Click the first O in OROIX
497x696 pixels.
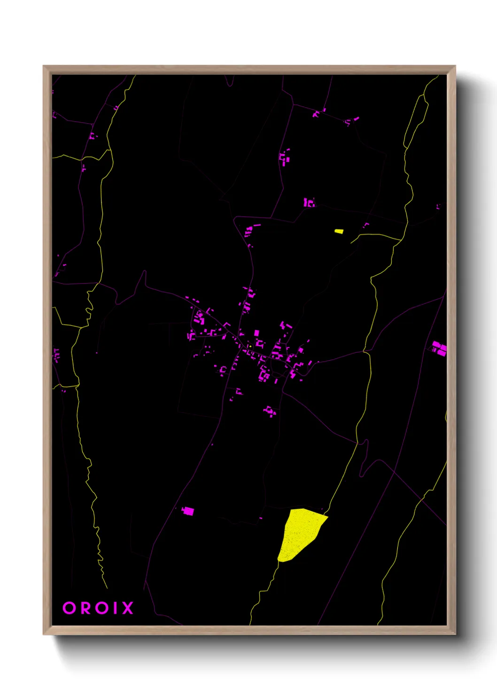click(69, 608)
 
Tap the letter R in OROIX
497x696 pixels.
click(85, 608)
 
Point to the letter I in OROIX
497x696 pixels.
click(113, 608)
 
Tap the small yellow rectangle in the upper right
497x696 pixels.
click(339, 231)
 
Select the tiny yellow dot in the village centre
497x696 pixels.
click(250, 347)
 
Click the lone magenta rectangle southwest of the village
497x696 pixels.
click(188, 511)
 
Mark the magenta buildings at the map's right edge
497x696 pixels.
click(439, 348)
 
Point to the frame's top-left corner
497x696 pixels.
click(44, 66)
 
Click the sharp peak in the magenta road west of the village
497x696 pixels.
click(145, 271)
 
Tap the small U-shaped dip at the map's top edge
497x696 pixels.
click(229, 84)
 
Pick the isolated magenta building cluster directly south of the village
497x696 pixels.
click(270, 411)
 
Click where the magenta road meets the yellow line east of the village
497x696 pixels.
click(365, 351)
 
